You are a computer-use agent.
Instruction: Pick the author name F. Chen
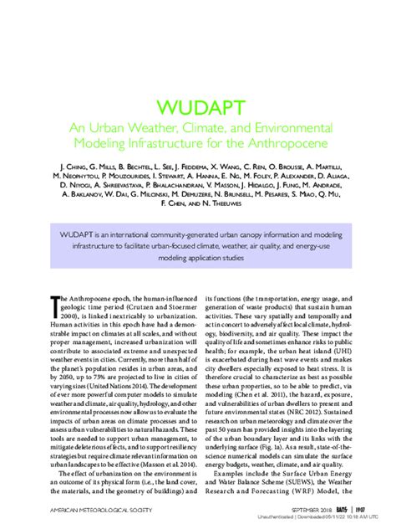click(171, 202)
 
